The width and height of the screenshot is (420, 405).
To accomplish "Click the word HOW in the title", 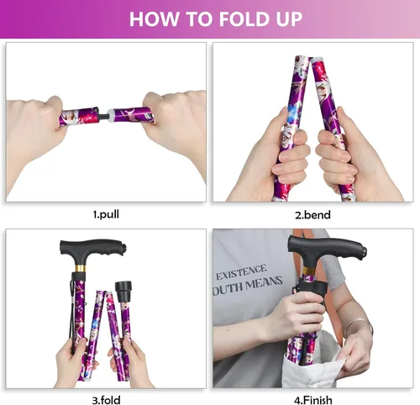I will point(155,19).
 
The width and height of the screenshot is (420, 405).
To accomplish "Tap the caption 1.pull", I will point(105,214).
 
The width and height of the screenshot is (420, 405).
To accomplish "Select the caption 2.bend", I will point(312,214).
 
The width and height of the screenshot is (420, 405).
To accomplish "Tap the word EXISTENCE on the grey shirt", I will point(242,274).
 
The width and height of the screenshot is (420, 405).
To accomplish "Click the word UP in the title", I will point(285,19).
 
